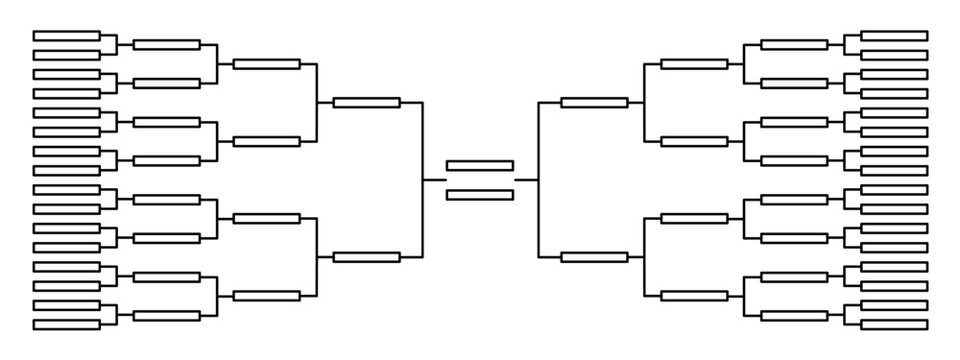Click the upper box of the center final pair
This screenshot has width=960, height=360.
click(x=480, y=166)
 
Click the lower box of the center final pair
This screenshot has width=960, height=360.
click(x=480, y=194)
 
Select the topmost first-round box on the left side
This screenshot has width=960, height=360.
click(x=67, y=35)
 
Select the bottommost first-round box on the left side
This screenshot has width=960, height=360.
click(x=67, y=324)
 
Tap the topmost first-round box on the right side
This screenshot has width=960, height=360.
click(x=894, y=35)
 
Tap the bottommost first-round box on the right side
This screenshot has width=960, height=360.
click(x=894, y=324)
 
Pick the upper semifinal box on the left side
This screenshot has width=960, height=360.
click(x=367, y=102)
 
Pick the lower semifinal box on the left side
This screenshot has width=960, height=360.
click(x=367, y=257)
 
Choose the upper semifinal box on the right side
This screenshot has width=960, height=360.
click(x=594, y=102)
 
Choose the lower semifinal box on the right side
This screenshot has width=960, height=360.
click(x=594, y=257)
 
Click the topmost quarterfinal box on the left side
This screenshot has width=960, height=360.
click(x=267, y=64)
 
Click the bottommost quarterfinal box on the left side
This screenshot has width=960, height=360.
click(x=267, y=295)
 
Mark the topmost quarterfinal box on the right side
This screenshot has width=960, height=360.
click(x=694, y=64)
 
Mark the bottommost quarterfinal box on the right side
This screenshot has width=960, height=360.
click(x=694, y=295)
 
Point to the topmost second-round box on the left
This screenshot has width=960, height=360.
click(x=167, y=45)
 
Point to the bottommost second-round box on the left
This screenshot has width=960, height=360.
click(x=167, y=315)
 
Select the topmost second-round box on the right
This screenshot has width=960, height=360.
click(x=794, y=45)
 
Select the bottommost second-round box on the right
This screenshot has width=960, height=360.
click(x=794, y=315)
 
